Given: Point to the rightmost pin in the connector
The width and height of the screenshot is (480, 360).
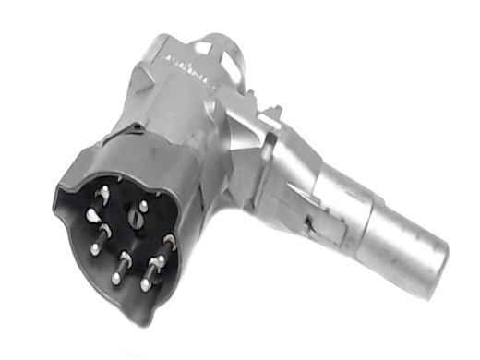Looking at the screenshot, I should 169,242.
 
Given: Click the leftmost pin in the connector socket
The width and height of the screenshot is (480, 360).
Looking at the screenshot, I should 91,214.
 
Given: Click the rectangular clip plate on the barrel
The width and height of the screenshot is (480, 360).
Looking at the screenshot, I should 318,213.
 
